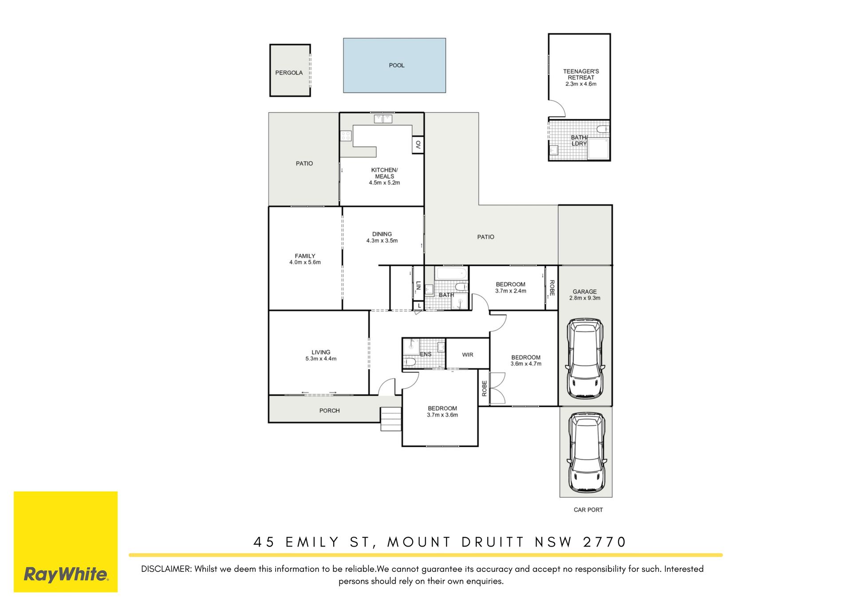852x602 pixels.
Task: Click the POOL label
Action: [396, 65]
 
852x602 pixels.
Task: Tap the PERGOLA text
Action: [289, 73]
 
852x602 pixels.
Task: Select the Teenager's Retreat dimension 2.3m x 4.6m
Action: [581, 84]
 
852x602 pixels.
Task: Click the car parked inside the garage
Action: [585, 358]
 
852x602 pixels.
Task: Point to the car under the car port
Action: [586, 452]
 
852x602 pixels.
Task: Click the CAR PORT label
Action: [588, 510]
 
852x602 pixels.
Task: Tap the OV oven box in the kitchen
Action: [418, 145]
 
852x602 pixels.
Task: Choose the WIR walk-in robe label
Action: [468, 355]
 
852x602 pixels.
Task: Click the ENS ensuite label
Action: [426, 354]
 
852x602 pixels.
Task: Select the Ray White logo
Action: [66, 542]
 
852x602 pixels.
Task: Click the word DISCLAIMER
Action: [166, 569]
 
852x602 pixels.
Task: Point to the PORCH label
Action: [329, 411]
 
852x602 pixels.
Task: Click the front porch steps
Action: [391, 419]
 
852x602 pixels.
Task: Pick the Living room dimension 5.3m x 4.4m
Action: [321, 359]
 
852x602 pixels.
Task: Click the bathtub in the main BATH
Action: [451, 273]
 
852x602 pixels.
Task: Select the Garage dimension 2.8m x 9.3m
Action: [585, 298]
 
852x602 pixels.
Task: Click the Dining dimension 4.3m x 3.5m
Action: [382, 241]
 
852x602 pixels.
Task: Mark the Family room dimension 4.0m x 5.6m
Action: [305, 262]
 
